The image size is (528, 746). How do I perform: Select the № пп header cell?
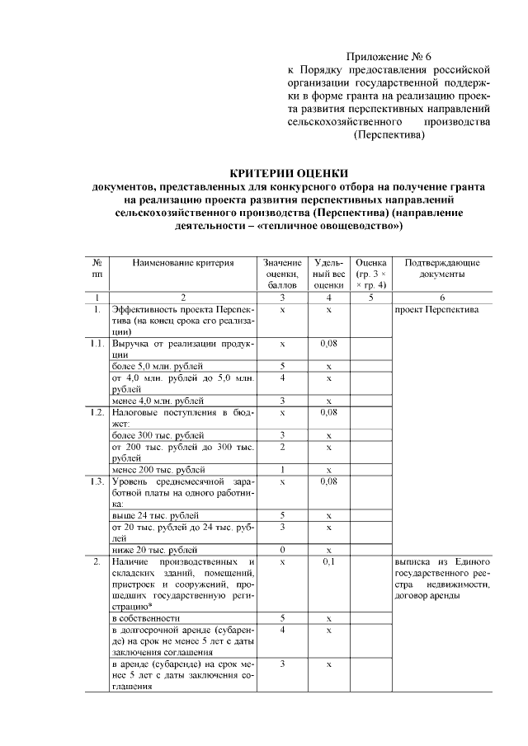[97, 268]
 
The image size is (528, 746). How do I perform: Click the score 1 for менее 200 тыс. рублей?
[282, 469]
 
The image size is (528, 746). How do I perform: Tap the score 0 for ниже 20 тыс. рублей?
[282, 549]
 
